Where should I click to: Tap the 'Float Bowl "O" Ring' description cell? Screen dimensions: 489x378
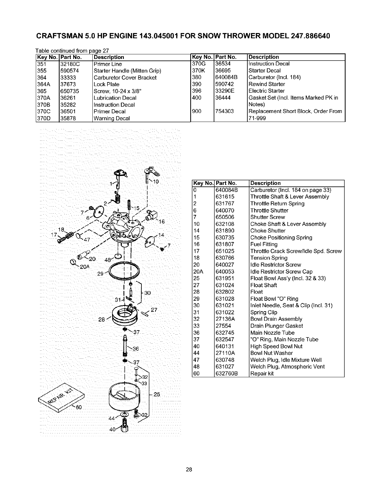[x=274, y=299]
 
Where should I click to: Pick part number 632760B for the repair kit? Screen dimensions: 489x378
[x=227, y=374]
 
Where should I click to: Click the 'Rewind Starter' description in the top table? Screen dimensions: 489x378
[x=267, y=84]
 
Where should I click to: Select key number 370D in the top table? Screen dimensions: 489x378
[x=43, y=119]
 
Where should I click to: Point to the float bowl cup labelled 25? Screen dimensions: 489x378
[x=124, y=398]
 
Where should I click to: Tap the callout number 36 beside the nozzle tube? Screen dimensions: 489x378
[x=136, y=349]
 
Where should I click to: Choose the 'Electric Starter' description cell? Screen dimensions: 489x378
[x=267, y=91]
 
